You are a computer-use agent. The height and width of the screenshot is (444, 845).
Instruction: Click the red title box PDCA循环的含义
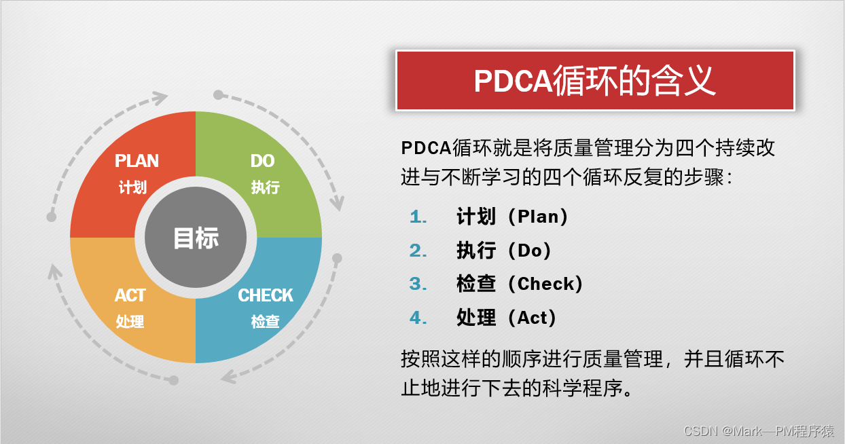pos(595,80)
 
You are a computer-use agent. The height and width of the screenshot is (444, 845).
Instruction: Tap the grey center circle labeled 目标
pos(196,238)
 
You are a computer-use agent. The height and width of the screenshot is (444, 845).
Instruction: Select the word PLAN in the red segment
pos(137,161)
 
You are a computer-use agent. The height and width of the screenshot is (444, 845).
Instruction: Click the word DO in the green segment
pos(262,161)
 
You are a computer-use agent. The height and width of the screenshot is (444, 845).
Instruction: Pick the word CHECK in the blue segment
pos(266,295)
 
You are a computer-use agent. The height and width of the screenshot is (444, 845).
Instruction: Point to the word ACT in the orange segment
pos(130,295)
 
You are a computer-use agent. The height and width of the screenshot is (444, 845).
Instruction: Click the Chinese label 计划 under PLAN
pos(132,187)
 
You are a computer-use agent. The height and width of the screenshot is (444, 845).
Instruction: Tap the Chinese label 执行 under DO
pos(265,187)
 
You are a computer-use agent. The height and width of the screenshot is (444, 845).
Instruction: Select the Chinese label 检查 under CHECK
pos(265,321)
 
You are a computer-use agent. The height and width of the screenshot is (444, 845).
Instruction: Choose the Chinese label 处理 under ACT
pos(130,321)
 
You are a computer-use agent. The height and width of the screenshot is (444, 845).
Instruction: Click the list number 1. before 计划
pos(418,217)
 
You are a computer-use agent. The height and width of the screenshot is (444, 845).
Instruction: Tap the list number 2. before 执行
pos(418,251)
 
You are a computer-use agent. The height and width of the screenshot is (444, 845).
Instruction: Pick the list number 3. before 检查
pos(418,284)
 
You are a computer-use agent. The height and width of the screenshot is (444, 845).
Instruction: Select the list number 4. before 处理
pos(418,317)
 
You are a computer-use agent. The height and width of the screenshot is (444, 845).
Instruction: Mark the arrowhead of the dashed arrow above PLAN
pos(160,98)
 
